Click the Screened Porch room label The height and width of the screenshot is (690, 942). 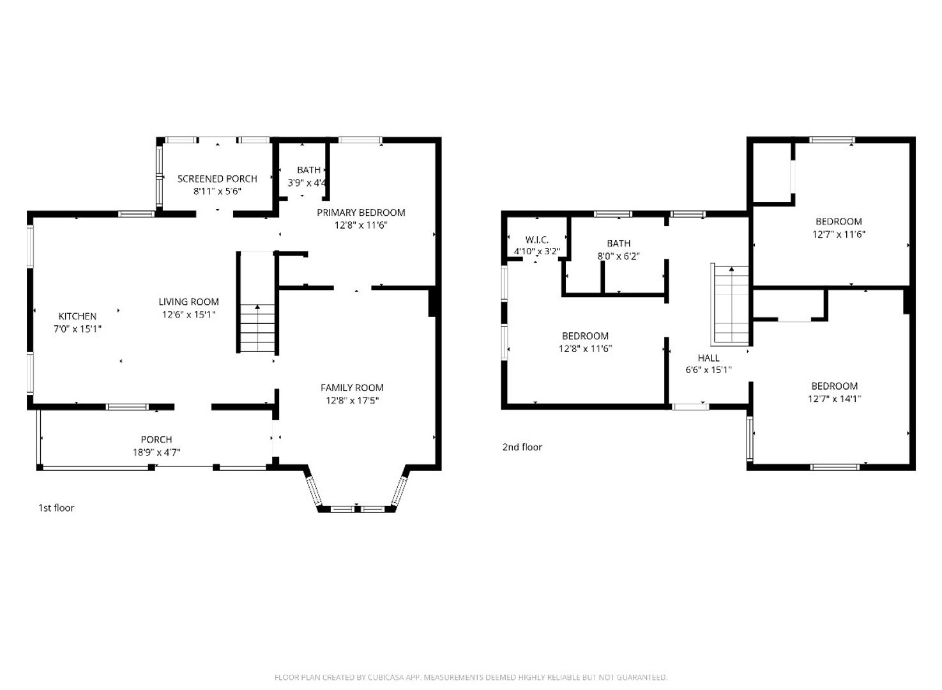coord(217,179)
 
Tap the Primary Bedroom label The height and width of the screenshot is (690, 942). coord(361,213)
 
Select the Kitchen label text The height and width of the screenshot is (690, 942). coord(77,316)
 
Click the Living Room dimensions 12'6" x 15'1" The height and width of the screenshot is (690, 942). coord(189,314)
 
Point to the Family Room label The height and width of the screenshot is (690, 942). coord(352,388)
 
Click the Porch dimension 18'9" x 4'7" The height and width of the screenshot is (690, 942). coord(156,452)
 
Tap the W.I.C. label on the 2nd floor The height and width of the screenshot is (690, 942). coord(536,240)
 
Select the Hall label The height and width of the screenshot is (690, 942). coord(709,358)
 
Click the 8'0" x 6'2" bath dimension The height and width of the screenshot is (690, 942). coord(618,256)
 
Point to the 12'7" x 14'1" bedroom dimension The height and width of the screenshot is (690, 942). coord(834,399)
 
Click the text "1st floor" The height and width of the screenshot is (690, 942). coord(56,508)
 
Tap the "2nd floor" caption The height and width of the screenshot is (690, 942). coord(522,447)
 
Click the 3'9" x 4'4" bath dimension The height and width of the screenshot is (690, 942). coord(307,183)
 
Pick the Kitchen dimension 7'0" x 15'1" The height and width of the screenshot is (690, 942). coord(77,329)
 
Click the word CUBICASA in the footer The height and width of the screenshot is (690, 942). coord(386,677)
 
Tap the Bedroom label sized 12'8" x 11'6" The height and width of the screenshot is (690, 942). coord(585,336)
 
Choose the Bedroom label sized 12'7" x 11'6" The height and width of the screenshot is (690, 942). coord(839,221)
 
